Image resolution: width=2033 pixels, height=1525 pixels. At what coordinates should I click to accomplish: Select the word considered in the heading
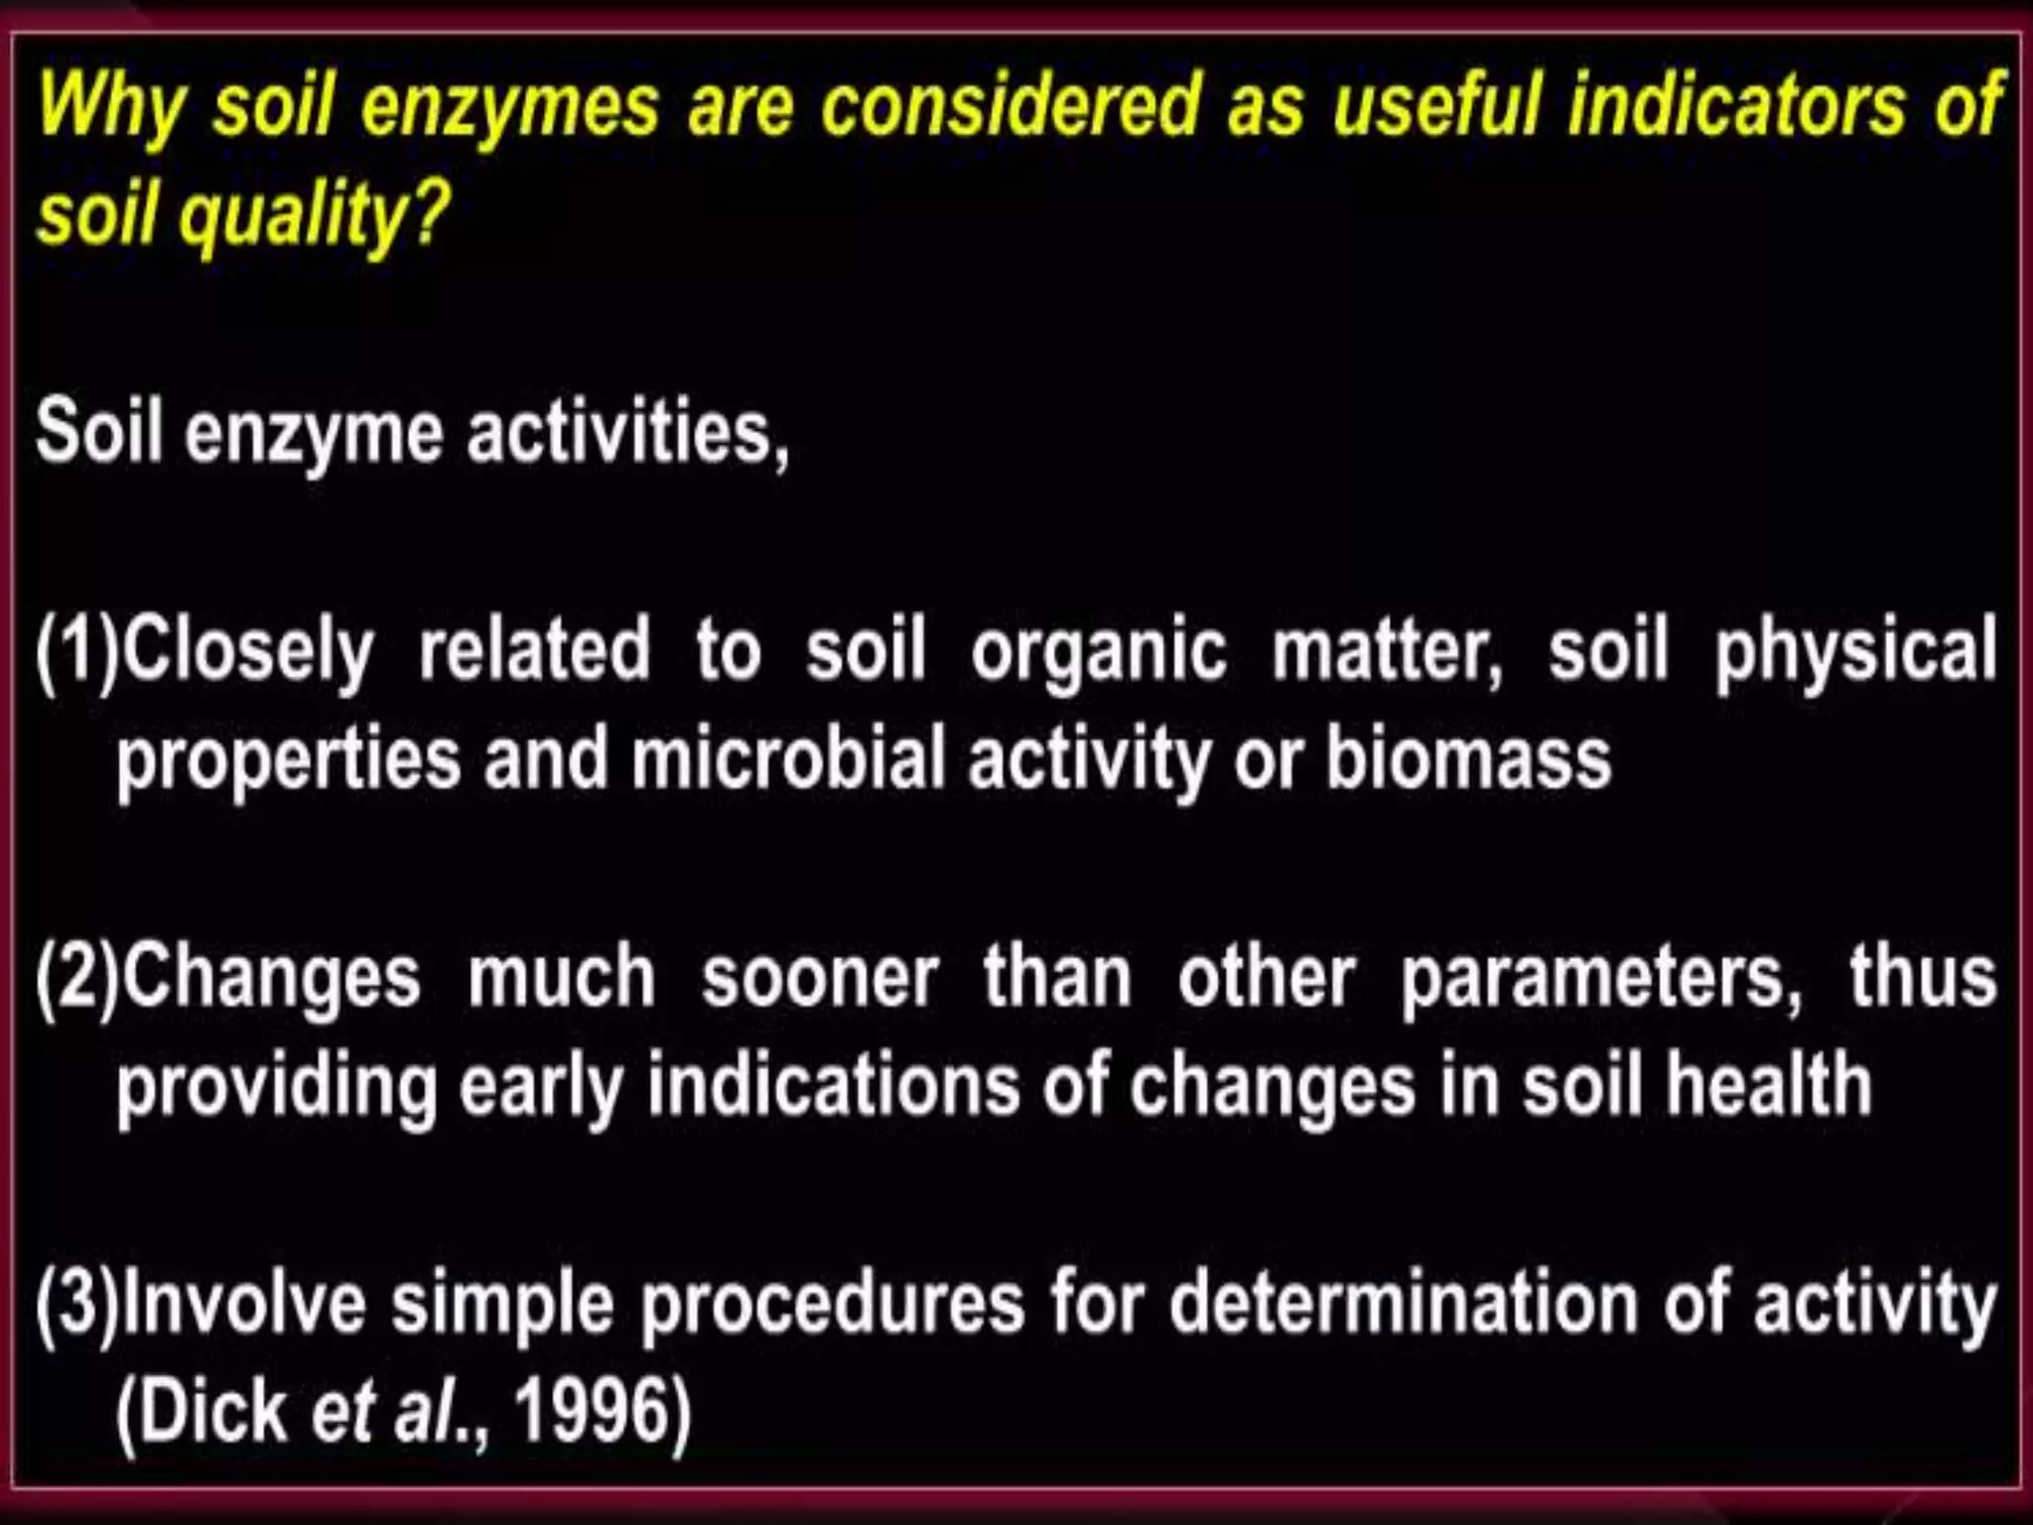click(x=1012, y=105)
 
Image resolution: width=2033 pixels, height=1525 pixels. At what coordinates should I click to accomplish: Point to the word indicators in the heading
click(x=1737, y=105)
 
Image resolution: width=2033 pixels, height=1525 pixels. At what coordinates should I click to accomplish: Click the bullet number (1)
click(x=76, y=651)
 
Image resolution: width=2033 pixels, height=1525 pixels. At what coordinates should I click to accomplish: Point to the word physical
click(x=1855, y=651)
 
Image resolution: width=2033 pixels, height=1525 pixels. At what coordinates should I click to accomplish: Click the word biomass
click(x=1468, y=759)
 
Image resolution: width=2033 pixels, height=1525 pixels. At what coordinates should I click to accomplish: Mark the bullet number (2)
click(x=76, y=977)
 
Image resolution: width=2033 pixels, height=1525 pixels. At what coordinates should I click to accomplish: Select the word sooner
click(x=820, y=977)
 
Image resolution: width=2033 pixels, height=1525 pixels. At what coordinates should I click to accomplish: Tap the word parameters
click(x=1600, y=979)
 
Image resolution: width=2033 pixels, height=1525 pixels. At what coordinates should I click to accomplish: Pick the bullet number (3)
click(x=76, y=1303)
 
